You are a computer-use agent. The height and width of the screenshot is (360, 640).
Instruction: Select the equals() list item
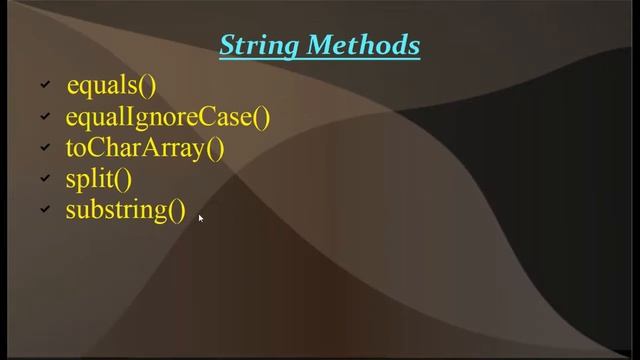111,86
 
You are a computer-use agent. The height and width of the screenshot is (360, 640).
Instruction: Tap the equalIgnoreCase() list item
168,117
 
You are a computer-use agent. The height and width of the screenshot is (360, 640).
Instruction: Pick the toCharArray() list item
145,148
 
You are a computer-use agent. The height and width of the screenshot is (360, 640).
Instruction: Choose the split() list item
98,179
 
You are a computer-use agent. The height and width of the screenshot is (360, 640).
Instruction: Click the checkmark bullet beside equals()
45,87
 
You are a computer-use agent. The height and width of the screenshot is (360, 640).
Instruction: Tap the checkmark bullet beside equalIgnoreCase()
45,118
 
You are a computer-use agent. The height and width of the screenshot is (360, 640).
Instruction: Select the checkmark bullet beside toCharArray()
45,149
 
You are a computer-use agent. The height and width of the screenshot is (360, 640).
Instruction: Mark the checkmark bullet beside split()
45,180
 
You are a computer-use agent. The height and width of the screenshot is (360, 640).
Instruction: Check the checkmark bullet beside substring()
45,211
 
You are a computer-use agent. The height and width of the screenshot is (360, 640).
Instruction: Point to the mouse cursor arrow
201,218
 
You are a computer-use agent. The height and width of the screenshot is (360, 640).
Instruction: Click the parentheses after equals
148,86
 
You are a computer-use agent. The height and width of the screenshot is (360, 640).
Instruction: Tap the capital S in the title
227,45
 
